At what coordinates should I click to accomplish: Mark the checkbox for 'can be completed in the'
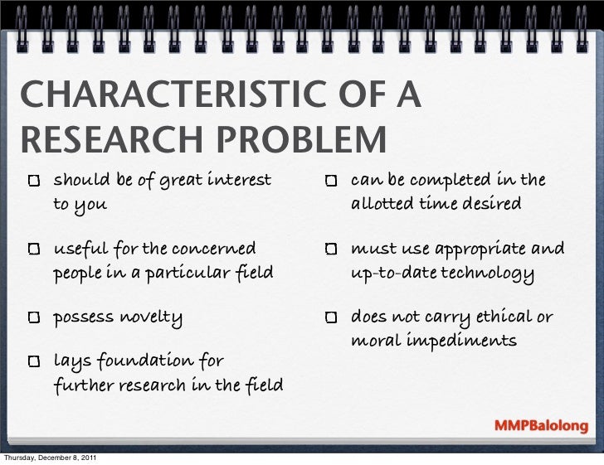[330, 182]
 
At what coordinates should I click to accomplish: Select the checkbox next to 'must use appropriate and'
[330, 249]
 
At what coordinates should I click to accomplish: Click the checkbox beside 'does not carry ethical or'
[330, 318]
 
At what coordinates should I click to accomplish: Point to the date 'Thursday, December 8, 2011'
[53, 458]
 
